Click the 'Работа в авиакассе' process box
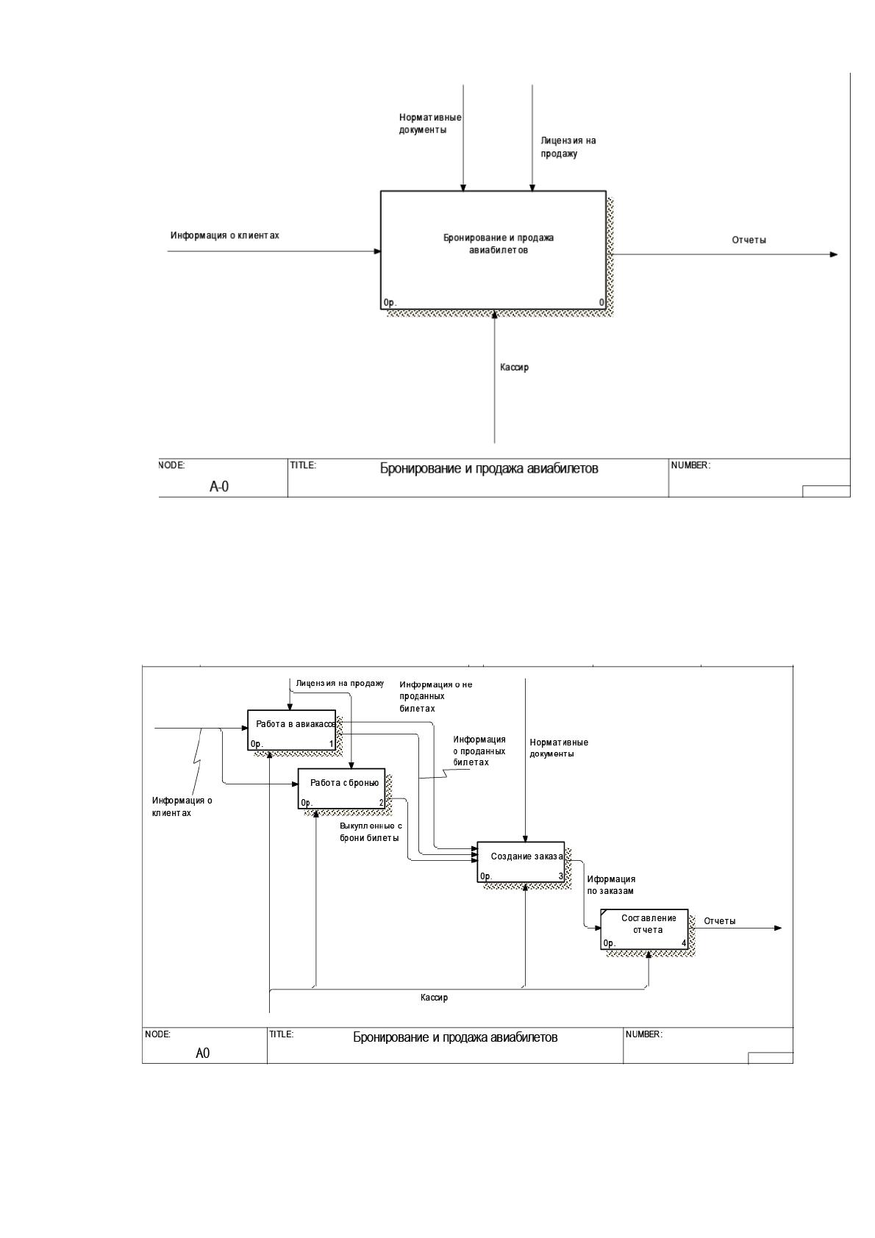pyautogui.click(x=291, y=729)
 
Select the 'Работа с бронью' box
pyautogui.click(x=341, y=788)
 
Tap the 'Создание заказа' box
pyautogui.click(x=521, y=862)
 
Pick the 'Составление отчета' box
pyautogui.click(x=644, y=929)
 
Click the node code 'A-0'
pyautogui.click(x=219, y=487)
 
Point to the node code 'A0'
pyautogui.click(x=202, y=1053)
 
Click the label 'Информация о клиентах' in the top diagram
pyautogui.click(x=224, y=235)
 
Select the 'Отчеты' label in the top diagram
pyautogui.click(x=749, y=240)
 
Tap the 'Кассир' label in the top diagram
pyautogui.click(x=514, y=367)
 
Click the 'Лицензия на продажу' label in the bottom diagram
pyautogui.click(x=340, y=683)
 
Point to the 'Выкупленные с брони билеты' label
pyautogui.click(x=371, y=831)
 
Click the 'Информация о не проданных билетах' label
pyautogui.click(x=435, y=696)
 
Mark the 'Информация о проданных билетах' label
pyautogui.click(x=479, y=751)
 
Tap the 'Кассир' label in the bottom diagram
pyautogui.click(x=434, y=998)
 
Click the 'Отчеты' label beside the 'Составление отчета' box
pyautogui.click(x=719, y=920)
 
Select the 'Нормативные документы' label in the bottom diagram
pyautogui.click(x=558, y=748)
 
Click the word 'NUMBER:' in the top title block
pyautogui.click(x=690, y=465)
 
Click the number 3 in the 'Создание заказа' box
pyautogui.click(x=560, y=876)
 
